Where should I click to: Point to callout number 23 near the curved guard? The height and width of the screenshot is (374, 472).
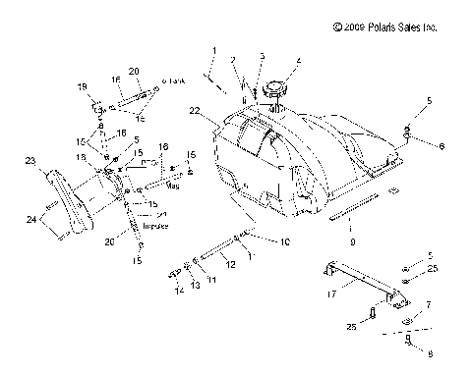[x=29, y=161]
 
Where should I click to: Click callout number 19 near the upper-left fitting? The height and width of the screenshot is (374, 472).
[x=82, y=86]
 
